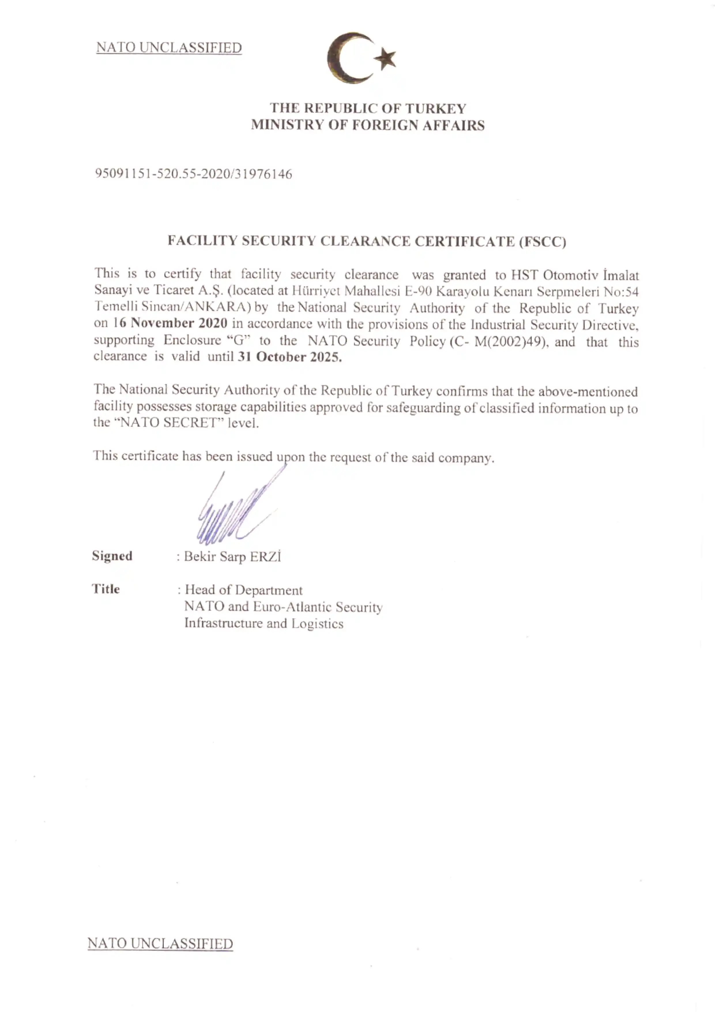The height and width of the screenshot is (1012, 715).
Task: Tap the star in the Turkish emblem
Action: [x=387, y=59]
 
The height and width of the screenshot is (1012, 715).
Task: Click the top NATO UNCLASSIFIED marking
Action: [x=169, y=48]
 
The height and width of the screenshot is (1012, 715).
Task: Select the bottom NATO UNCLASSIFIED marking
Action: [x=160, y=943]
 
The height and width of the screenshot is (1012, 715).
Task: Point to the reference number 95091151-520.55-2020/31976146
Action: [x=194, y=174]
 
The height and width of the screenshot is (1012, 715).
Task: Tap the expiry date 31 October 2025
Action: [x=289, y=356]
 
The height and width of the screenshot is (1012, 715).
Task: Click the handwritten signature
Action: [x=234, y=511]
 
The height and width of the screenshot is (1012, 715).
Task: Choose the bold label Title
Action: [x=106, y=589]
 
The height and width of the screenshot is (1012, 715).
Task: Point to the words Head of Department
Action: [x=244, y=590]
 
